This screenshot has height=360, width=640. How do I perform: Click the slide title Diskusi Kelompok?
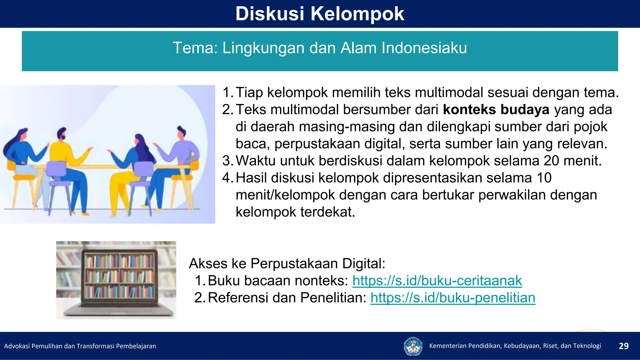320,14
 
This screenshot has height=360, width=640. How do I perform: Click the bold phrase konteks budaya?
496,110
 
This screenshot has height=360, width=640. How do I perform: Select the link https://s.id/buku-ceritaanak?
437,281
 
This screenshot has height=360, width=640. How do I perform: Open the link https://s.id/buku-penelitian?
452,298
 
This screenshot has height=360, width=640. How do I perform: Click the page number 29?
623,346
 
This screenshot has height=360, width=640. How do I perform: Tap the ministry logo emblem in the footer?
413,346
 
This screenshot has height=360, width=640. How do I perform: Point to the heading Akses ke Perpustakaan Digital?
287,263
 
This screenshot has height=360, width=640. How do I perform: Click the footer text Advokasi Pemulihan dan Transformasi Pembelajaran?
80,346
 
